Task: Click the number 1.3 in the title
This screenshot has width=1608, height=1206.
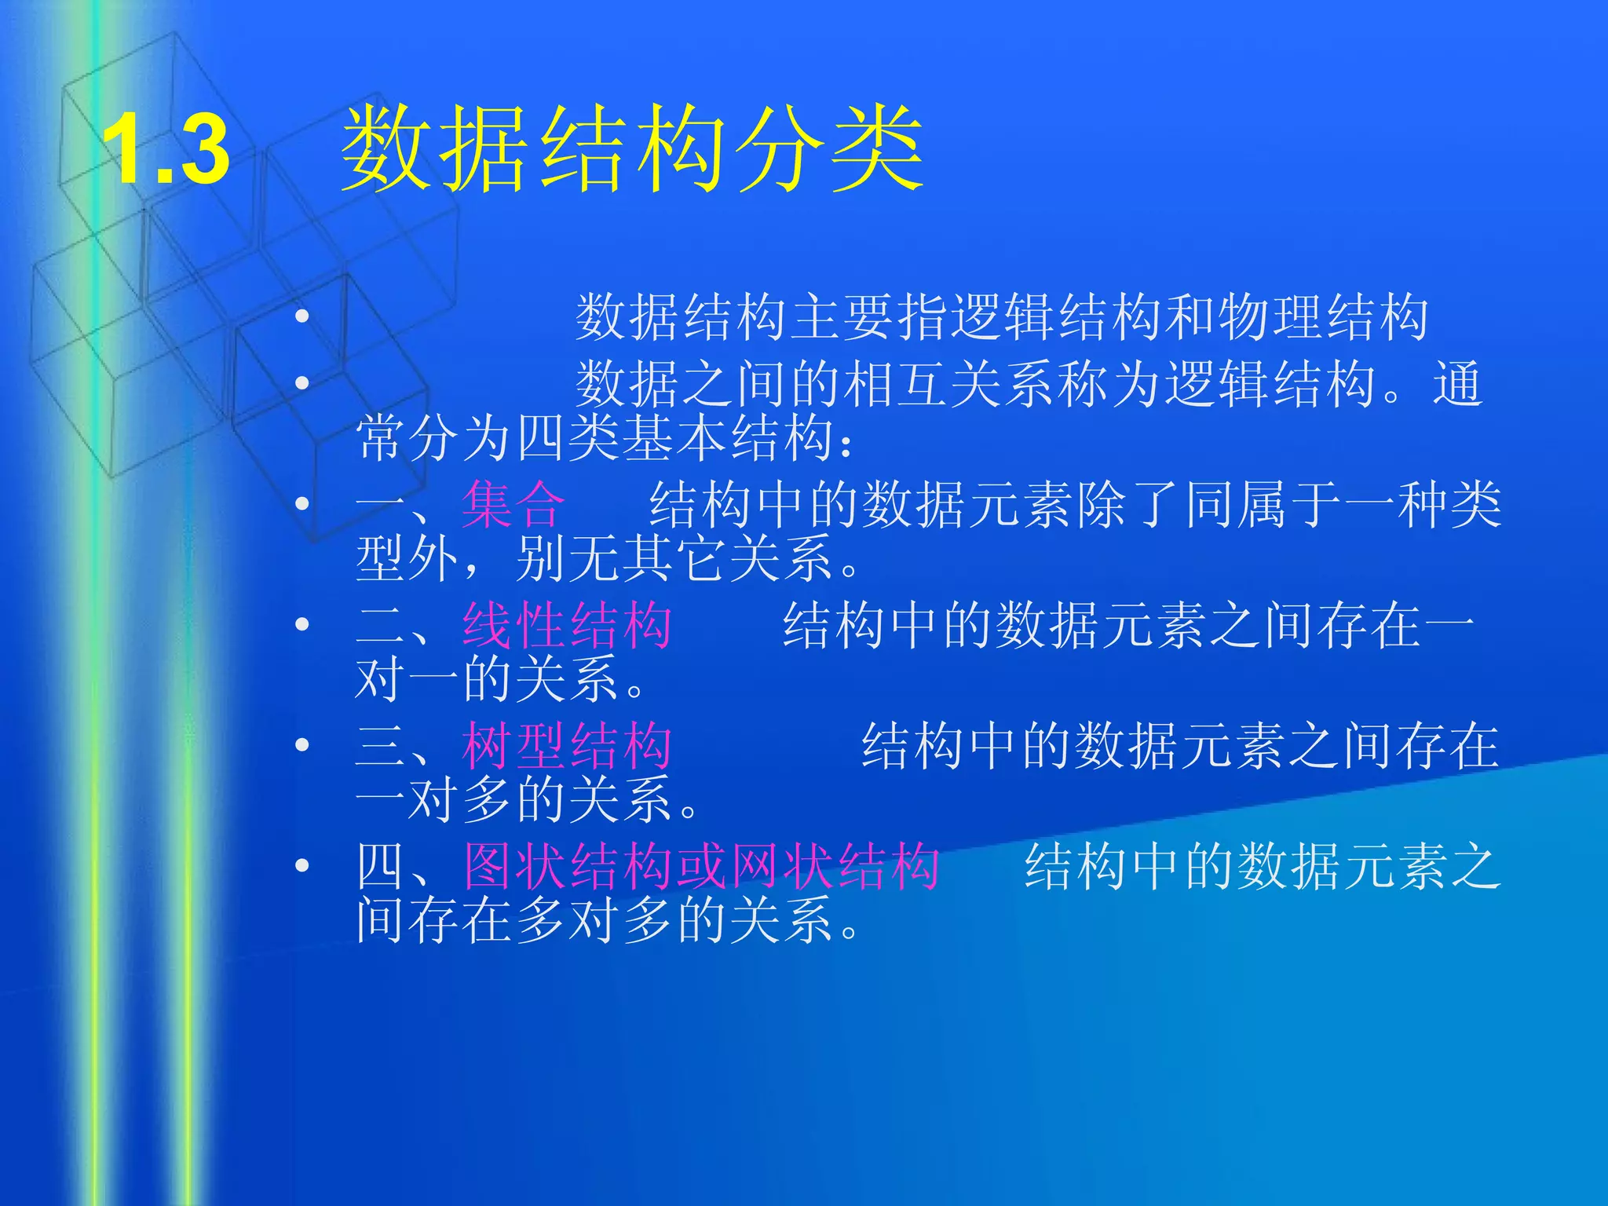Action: click(x=166, y=149)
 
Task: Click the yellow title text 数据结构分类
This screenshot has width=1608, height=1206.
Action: click(x=633, y=149)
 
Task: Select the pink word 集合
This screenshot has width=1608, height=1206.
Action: click(x=513, y=504)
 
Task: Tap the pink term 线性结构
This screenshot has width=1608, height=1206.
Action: click(x=567, y=626)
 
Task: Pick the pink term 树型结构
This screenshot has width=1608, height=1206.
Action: click(x=567, y=746)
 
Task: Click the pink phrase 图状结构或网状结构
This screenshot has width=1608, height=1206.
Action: click(x=701, y=867)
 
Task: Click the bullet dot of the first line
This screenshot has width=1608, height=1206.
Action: click(x=302, y=317)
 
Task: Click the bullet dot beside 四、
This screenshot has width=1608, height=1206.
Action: click(x=302, y=866)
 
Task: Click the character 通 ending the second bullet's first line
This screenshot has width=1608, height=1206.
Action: click(x=1458, y=384)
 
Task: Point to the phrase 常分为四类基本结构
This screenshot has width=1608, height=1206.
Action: click(x=595, y=438)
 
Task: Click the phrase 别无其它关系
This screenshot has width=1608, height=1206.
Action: click(x=675, y=559)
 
